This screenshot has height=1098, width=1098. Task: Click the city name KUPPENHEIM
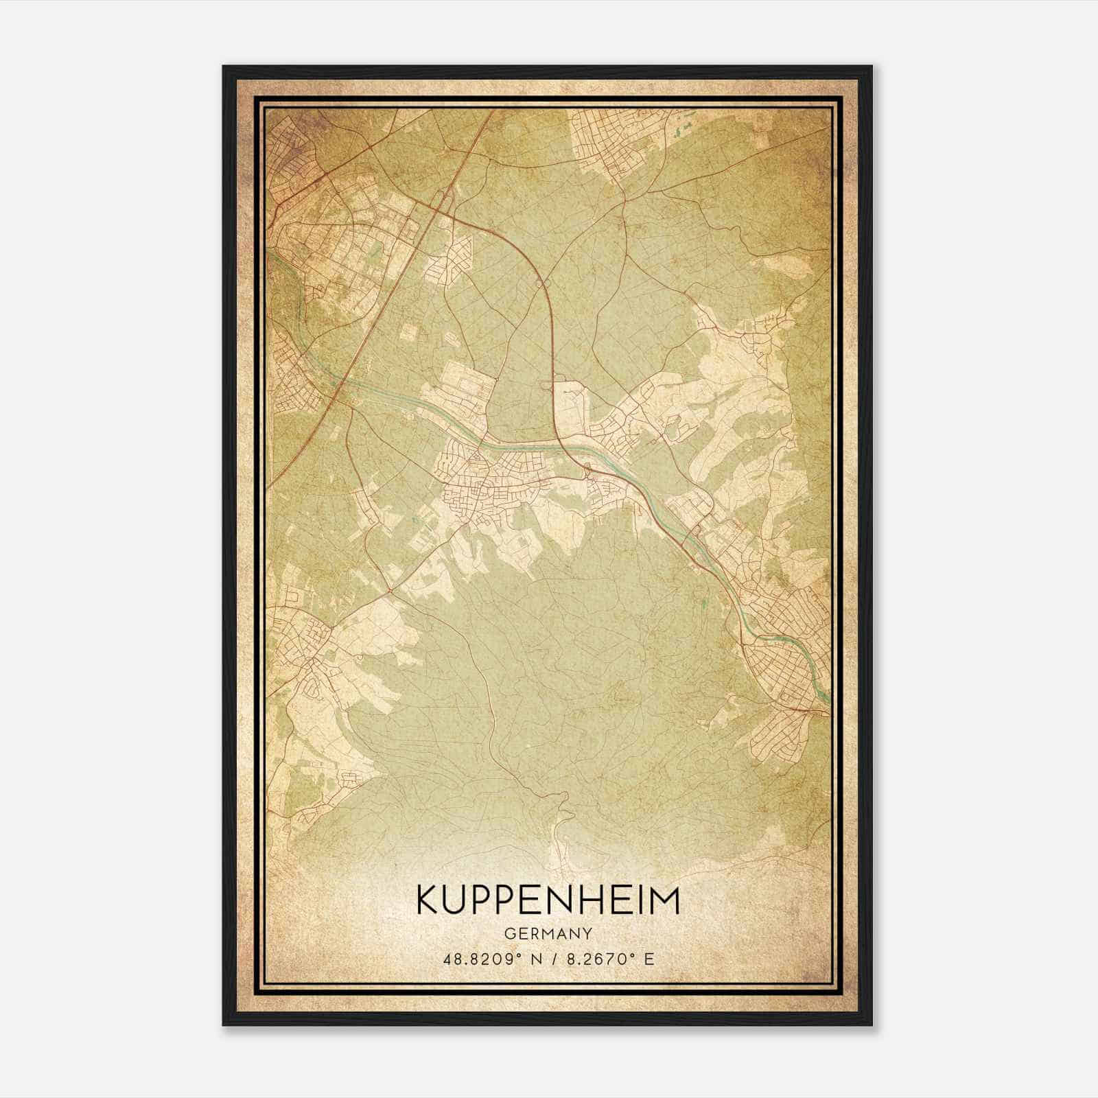tap(548, 900)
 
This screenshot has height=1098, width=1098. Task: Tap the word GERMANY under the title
tap(548, 933)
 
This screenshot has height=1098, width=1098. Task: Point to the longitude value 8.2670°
tap(595, 958)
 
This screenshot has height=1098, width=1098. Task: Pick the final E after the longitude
tap(649, 958)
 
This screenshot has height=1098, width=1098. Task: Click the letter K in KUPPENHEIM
tap(428, 900)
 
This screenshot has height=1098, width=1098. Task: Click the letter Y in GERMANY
tap(588, 933)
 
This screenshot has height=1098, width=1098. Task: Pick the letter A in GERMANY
tap(561, 933)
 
